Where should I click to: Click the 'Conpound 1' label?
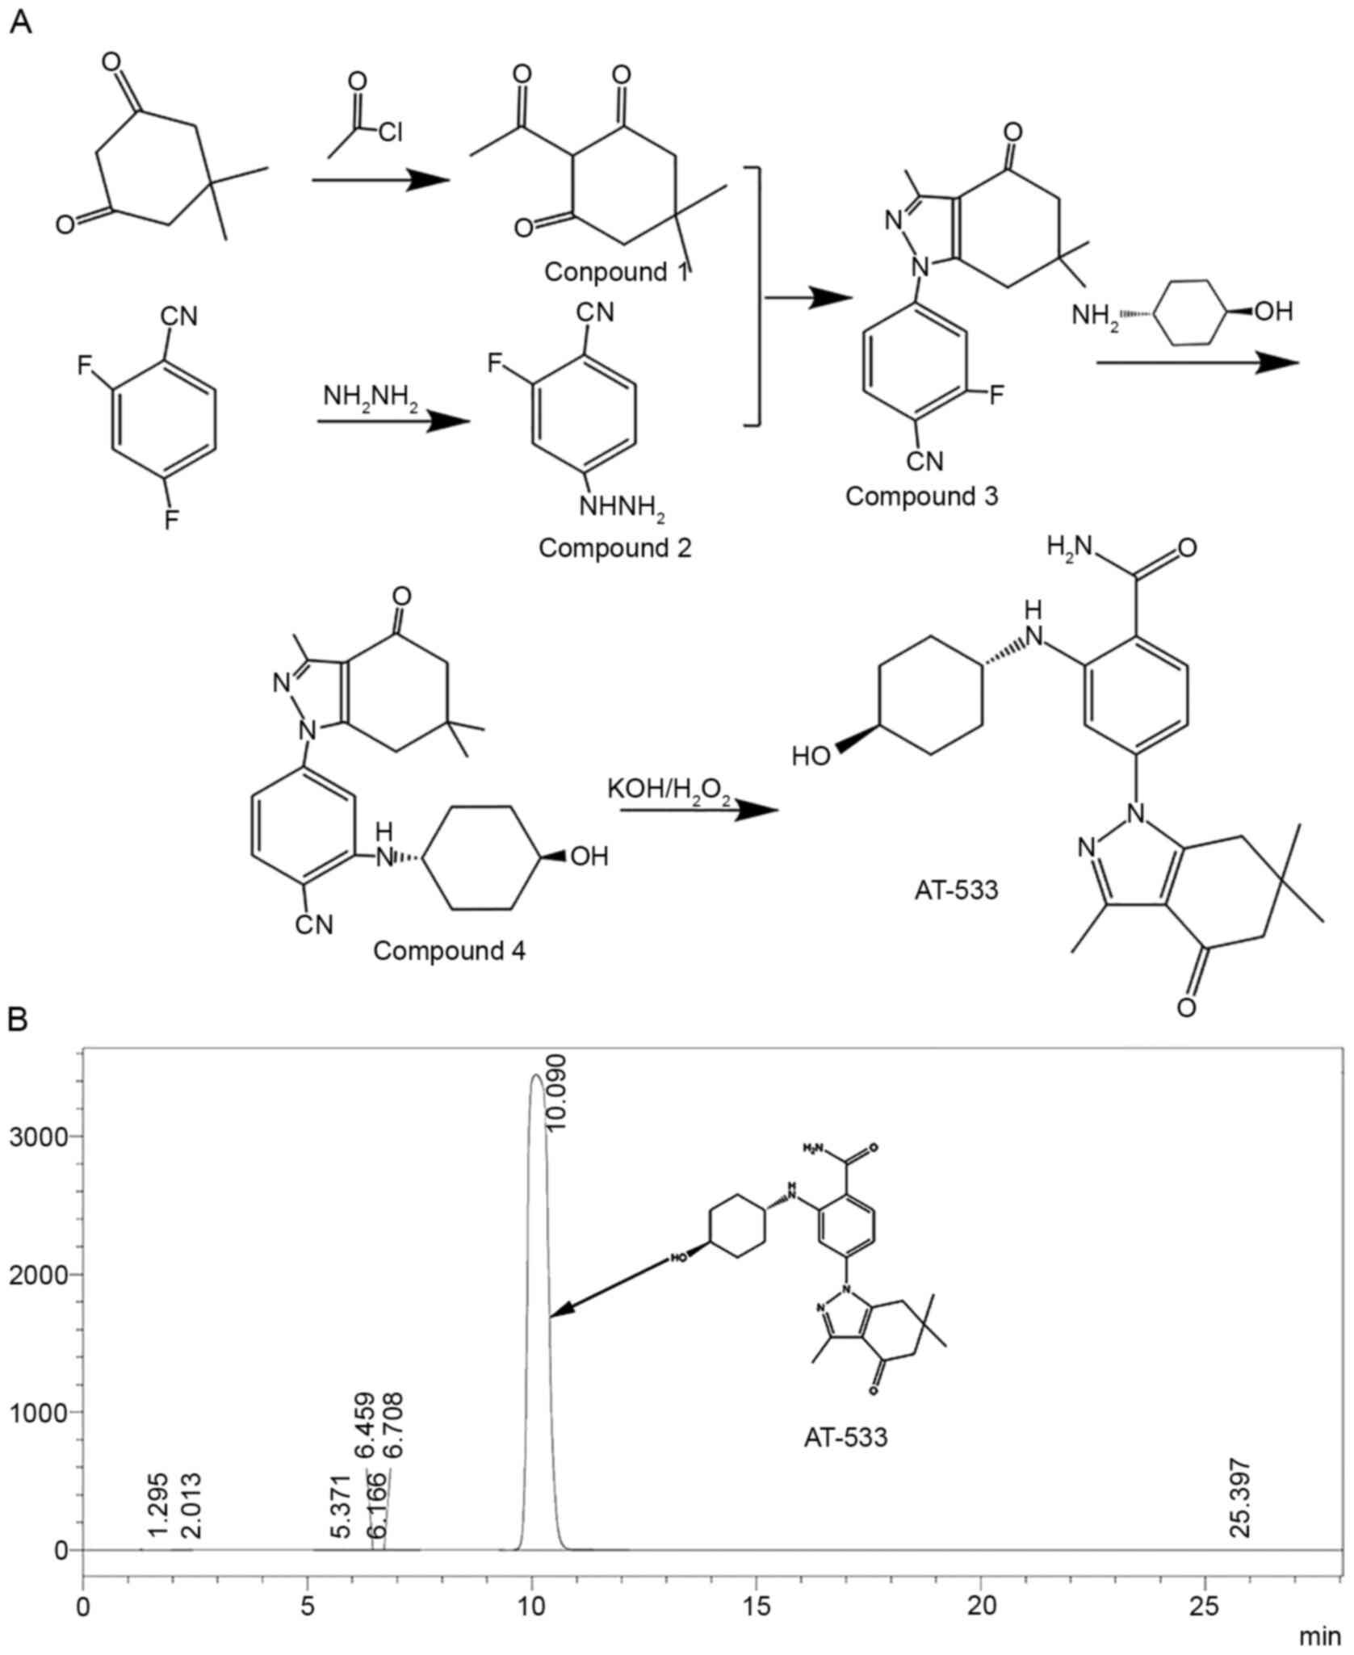click(x=616, y=271)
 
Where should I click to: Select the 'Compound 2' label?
click(x=614, y=548)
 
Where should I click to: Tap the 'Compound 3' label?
click(x=921, y=496)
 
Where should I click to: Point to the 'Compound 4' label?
click(x=449, y=951)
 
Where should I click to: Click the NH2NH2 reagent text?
click(x=371, y=398)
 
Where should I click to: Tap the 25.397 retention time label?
click(x=1239, y=1498)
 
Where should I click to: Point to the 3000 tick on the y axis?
click(x=46, y=1136)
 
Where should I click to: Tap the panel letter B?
click(x=18, y=1020)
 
